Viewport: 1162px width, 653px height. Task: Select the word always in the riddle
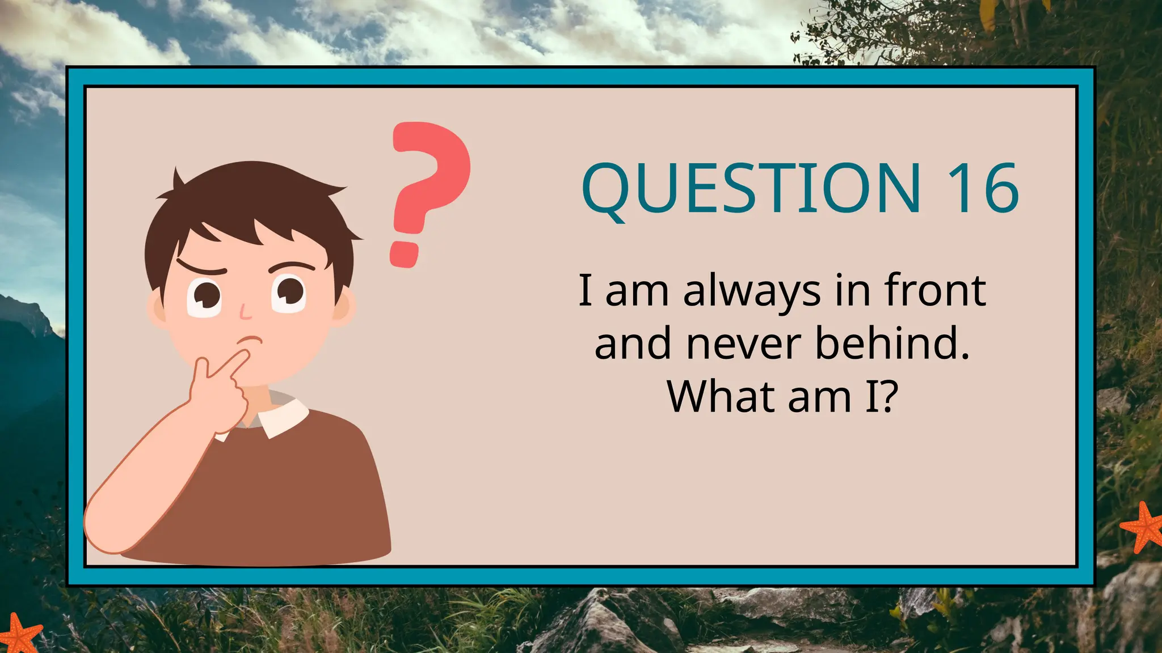[x=752, y=291]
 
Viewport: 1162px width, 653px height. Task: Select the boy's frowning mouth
[x=251, y=340]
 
